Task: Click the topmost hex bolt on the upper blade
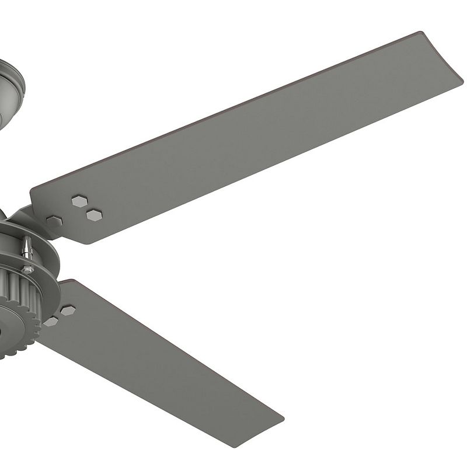79,201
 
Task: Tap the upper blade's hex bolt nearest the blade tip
94,215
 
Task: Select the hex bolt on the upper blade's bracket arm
54,221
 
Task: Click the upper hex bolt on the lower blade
68,310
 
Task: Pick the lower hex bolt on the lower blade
51,321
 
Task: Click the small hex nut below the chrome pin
27,269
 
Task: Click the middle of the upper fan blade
245,140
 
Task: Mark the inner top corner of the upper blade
32,190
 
